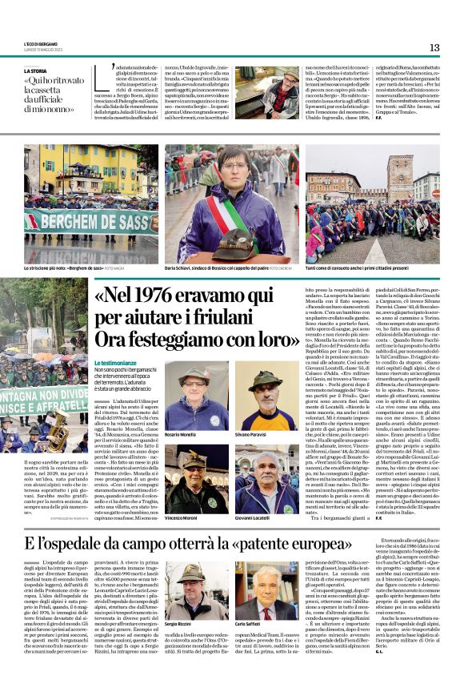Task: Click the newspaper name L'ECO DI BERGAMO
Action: tap(41, 45)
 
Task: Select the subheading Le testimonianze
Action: tap(121, 340)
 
